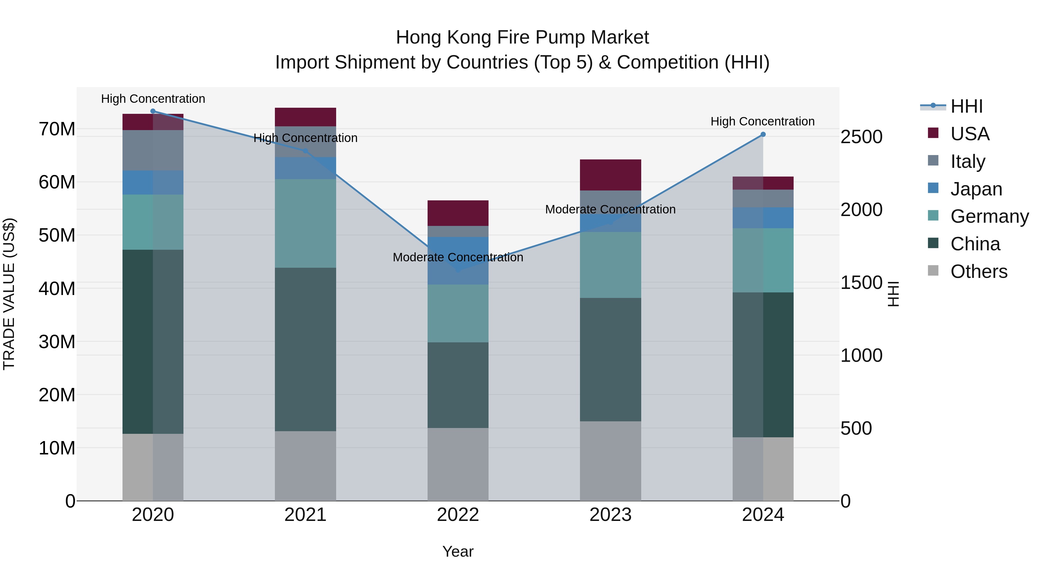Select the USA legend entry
coord(970,134)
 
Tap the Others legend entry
coord(979,271)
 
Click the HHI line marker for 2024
coord(763,134)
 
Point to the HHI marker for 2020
coord(153,111)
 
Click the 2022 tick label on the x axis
coord(458,515)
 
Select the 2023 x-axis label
coord(610,515)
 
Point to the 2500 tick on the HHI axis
coord(861,137)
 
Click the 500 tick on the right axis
coord(856,428)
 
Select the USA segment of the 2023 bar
coord(610,175)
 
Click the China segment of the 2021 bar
coord(305,349)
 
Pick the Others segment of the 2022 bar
coord(458,464)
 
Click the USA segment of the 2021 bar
coord(305,117)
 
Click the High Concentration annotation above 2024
coord(762,121)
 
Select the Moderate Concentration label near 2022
coord(458,257)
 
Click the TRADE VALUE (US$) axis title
coord(9,294)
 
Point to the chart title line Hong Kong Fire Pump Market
coord(522,37)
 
